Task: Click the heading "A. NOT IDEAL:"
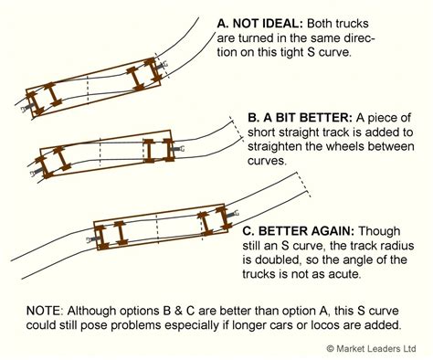(x=259, y=24)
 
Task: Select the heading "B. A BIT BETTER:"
(x=300, y=118)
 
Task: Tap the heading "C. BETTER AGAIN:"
(x=299, y=231)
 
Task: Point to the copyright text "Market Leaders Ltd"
(x=376, y=348)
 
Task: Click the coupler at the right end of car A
(x=163, y=65)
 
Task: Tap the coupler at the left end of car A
(x=26, y=108)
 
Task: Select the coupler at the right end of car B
(x=179, y=149)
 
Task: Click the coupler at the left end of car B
(x=37, y=173)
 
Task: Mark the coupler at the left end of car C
(x=91, y=239)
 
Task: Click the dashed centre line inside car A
(x=88, y=90)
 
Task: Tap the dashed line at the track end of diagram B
(x=237, y=129)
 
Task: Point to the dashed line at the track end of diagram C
(x=303, y=185)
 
